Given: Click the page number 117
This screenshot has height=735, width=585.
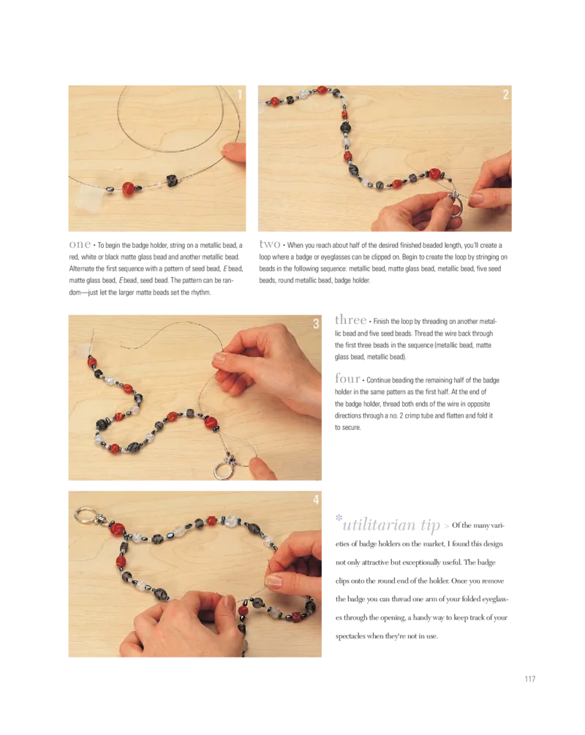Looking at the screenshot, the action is click(x=529, y=679).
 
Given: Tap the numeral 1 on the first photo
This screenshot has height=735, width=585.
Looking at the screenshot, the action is click(x=240, y=94).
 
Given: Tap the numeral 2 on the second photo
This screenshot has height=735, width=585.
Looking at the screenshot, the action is click(x=505, y=94).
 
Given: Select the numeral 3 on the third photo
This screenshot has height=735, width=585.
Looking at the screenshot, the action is click(x=316, y=323).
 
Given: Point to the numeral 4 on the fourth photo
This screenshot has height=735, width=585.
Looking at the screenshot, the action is click(x=316, y=500).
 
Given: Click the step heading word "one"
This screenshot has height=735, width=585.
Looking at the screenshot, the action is click(x=80, y=244).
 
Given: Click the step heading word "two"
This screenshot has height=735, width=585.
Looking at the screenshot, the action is click(x=270, y=244).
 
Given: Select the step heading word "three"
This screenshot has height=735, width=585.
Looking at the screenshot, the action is click(x=350, y=320).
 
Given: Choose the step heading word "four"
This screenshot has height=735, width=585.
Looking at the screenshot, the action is click(x=347, y=378).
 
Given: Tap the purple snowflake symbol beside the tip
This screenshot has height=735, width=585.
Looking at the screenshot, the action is click(x=339, y=518).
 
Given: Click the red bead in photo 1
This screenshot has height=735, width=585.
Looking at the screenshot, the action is click(x=129, y=189).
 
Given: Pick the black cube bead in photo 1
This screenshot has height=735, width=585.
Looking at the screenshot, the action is click(x=173, y=181).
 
